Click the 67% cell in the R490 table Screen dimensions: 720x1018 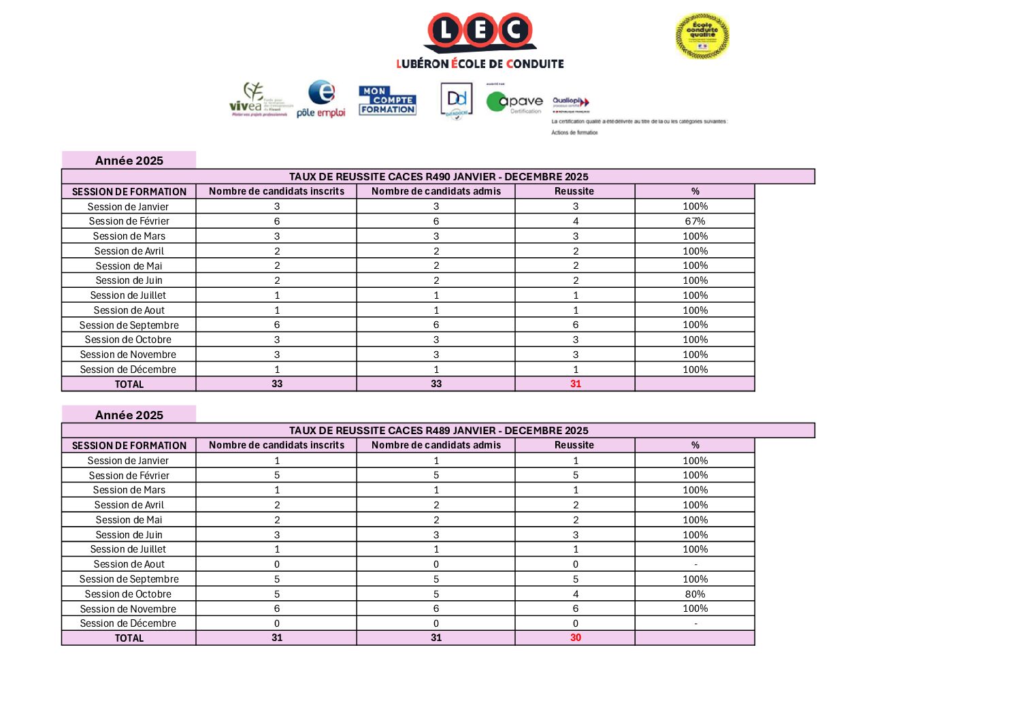[695, 221]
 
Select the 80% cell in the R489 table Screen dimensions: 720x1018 [695, 594]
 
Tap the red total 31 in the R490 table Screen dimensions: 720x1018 [575, 384]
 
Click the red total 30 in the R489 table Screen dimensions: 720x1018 [575, 638]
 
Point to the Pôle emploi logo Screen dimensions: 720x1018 [321, 99]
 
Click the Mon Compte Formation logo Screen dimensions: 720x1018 [387, 100]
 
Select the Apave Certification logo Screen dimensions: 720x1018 [514, 102]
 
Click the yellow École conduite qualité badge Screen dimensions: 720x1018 [702, 35]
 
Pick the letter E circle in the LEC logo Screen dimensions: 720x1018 [480, 31]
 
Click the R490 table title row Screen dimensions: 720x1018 [438, 176]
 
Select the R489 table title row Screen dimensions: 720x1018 [438, 430]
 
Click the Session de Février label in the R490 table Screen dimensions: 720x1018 [129, 221]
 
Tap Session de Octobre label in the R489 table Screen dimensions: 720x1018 [128, 594]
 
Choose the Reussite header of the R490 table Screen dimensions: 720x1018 [574, 191]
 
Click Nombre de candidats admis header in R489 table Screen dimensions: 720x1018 [436, 445]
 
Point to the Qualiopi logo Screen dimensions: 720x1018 [570, 103]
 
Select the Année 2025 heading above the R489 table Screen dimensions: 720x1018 [129, 414]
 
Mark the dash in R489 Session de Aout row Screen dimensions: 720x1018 [695, 565]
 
